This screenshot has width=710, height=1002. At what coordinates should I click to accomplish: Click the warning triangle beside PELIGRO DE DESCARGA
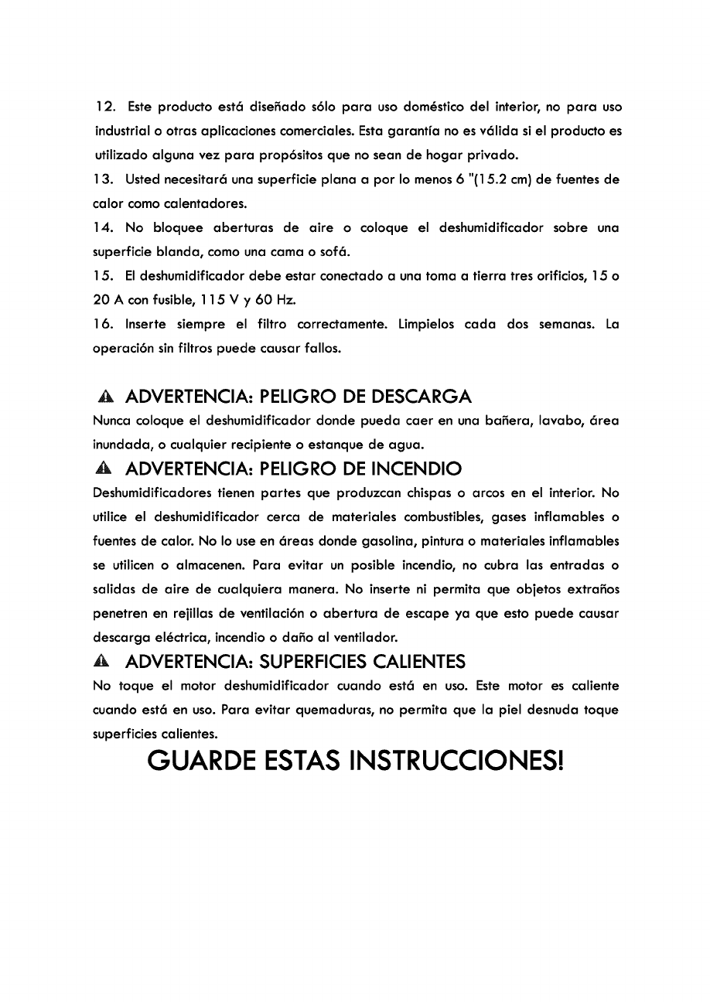pos(107,397)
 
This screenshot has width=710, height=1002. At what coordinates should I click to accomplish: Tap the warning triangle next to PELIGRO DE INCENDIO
pos(107,469)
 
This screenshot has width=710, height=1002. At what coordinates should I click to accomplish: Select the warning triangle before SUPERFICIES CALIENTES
pos(107,662)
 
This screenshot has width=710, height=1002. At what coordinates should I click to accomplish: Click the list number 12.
pos(105,106)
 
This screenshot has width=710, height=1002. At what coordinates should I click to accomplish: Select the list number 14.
pos(105,227)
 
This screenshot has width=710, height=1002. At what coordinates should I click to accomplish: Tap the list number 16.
pos(105,324)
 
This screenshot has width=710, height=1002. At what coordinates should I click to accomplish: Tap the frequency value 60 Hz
pos(281,300)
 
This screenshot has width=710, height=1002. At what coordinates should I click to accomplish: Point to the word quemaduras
pos(333,710)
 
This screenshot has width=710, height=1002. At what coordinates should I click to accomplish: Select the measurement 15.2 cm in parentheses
pos(466,179)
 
